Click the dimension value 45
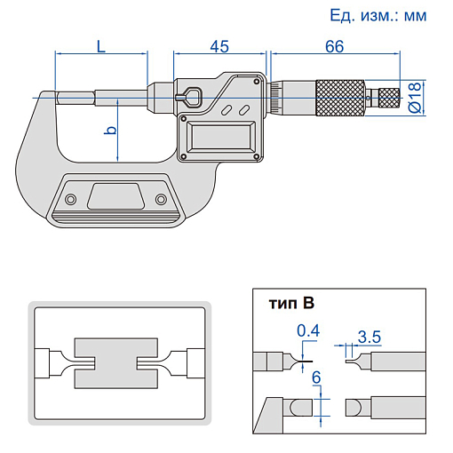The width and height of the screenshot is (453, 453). click(x=219, y=46)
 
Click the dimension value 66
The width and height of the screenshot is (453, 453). click(x=335, y=46)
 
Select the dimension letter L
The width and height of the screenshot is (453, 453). click(x=101, y=46)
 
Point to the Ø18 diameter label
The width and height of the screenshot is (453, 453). click(x=415, y=98)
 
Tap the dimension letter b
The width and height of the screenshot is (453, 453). click(x=110, y=130)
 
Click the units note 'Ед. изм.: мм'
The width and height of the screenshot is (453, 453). click(x=378, y=15)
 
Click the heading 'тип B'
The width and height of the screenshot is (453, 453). click(x=291, y=303)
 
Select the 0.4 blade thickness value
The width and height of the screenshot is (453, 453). click(x=308, y=330)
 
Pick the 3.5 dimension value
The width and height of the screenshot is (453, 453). click(x=370, y=337)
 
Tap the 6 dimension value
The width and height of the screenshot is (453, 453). click(x=316, y=377)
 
